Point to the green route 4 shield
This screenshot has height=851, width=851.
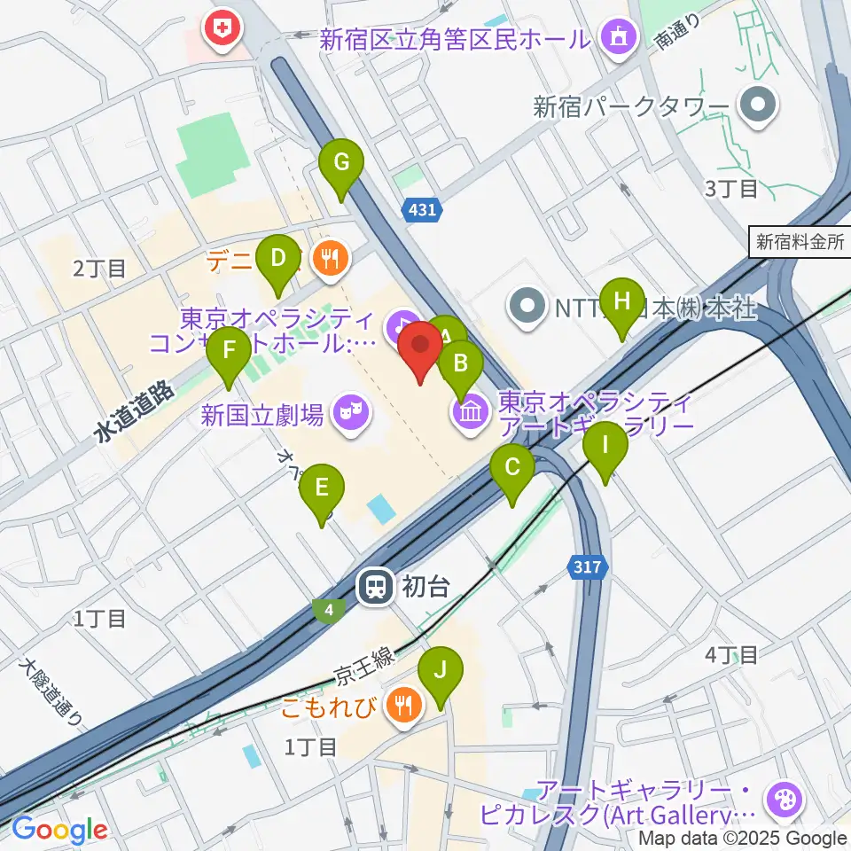[x=329, y=610]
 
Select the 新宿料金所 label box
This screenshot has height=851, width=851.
[x=800, y=242]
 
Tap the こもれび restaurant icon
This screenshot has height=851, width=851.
[x=406, y=706]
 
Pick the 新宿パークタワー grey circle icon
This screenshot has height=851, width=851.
[x=760, y=108]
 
